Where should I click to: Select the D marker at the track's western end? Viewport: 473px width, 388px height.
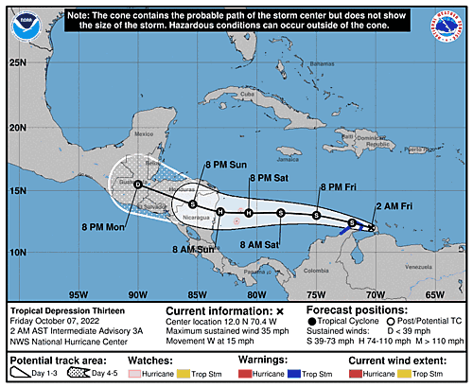click(138, 185)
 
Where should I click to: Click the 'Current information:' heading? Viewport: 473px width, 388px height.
click(218, 310)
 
